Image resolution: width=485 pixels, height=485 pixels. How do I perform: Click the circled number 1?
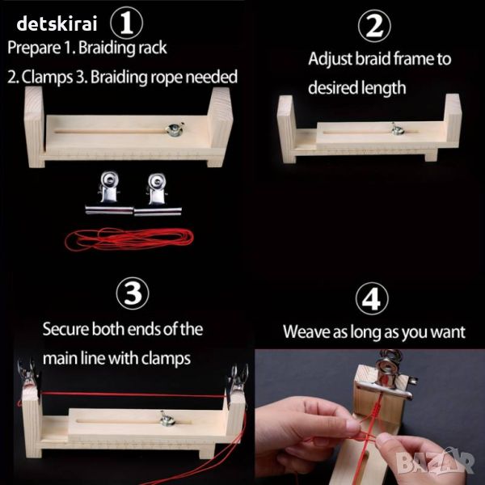point(127,23)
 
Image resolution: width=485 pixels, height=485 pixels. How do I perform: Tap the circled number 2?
point(374,26)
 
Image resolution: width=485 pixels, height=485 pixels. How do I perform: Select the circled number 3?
point(133,293)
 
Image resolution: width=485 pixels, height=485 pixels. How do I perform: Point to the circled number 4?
point(372,299)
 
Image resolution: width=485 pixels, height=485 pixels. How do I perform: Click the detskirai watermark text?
point(57,23)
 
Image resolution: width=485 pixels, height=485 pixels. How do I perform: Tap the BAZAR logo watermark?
point(435,462)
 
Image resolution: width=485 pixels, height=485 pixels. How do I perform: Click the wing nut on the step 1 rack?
point(175,129)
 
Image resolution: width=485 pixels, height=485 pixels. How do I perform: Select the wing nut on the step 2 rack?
point(397,129)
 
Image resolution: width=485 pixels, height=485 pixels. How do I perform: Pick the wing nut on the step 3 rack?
point(167,419)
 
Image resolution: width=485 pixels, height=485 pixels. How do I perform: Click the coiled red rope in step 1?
point(129,239)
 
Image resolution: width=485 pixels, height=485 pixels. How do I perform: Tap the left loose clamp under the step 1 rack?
point(109,192)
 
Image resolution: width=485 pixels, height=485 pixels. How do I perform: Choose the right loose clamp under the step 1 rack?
point(158,194)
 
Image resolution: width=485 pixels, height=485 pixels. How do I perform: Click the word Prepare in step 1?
point(34,48)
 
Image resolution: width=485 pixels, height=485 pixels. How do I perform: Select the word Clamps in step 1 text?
point(47,78)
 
